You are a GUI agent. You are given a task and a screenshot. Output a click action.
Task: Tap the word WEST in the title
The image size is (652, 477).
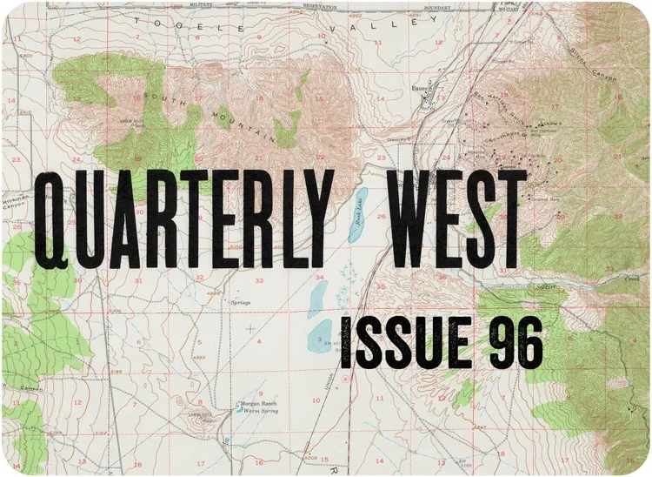(459, 218)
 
